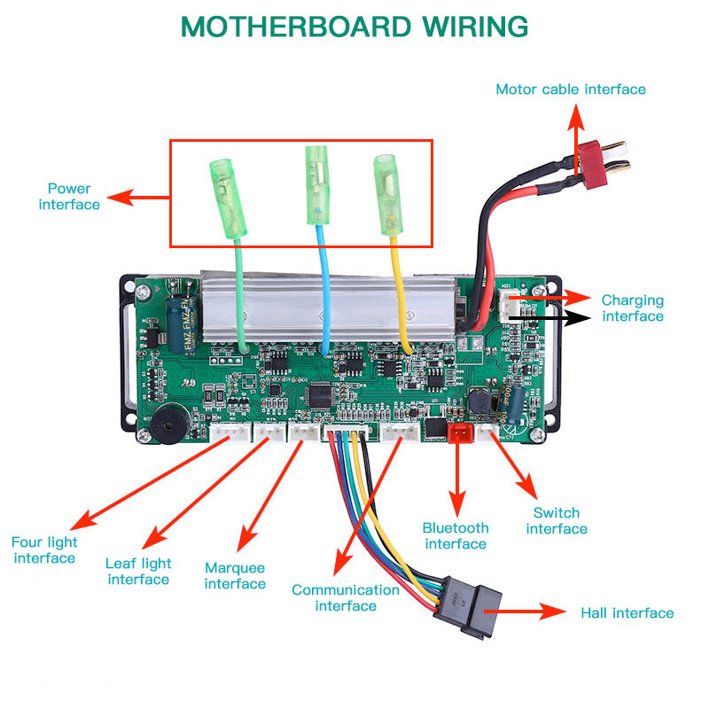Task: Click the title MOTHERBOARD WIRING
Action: click(354, 27)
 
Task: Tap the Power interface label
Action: click(69, 197)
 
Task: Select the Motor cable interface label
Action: click(570, 90)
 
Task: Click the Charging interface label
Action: click(632, 308)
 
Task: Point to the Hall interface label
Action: click(627, 613)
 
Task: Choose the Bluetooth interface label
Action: click(455, 536)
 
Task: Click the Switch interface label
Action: click(557, 521)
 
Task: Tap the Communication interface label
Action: click(346, 598)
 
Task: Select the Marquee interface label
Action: click(235, 576)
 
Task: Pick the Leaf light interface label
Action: click(138, 572)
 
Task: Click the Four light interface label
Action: click(44, 550)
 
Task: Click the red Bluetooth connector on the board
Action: click(460, 433)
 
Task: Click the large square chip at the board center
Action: click(317, 394)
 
